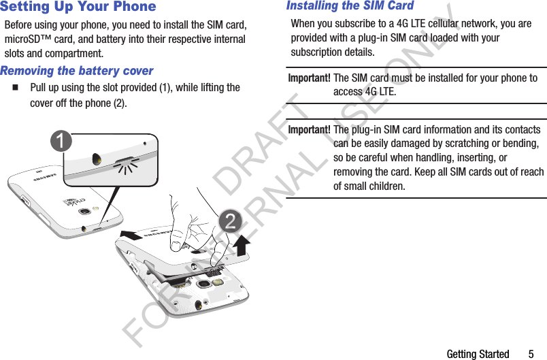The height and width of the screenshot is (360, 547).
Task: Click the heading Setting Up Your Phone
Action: click(78, 7)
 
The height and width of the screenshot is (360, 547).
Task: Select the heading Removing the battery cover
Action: click(77, 71)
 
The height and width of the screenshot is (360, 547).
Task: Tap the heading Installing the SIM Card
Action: click(350, 6)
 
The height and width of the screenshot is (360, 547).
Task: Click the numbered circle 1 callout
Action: click(63, 142)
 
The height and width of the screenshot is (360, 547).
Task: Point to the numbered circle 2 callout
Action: click(231, 221)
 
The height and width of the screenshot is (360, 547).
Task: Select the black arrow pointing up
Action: click(242, 246)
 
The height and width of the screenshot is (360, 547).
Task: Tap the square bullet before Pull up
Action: click(15, 88)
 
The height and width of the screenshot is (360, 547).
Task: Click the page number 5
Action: click(531, 354)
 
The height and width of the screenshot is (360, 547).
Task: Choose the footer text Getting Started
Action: click(478, 354)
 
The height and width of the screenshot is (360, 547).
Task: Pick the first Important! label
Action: click(310, 78)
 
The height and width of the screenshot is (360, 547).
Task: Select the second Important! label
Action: click(310, 130)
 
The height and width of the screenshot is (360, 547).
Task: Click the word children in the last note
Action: click(382, 186)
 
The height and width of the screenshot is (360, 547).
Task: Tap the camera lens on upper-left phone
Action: click(84, 211)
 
